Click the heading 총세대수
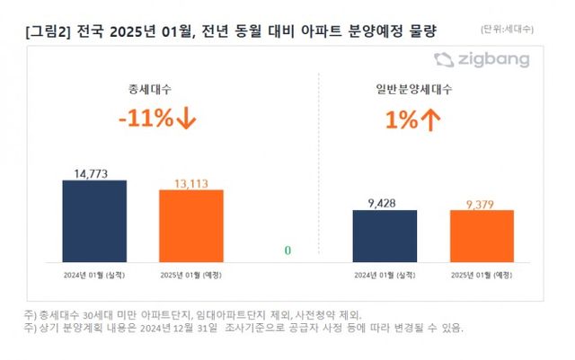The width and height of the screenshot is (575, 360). [144, 90]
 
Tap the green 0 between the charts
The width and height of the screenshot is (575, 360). [287, 250]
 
